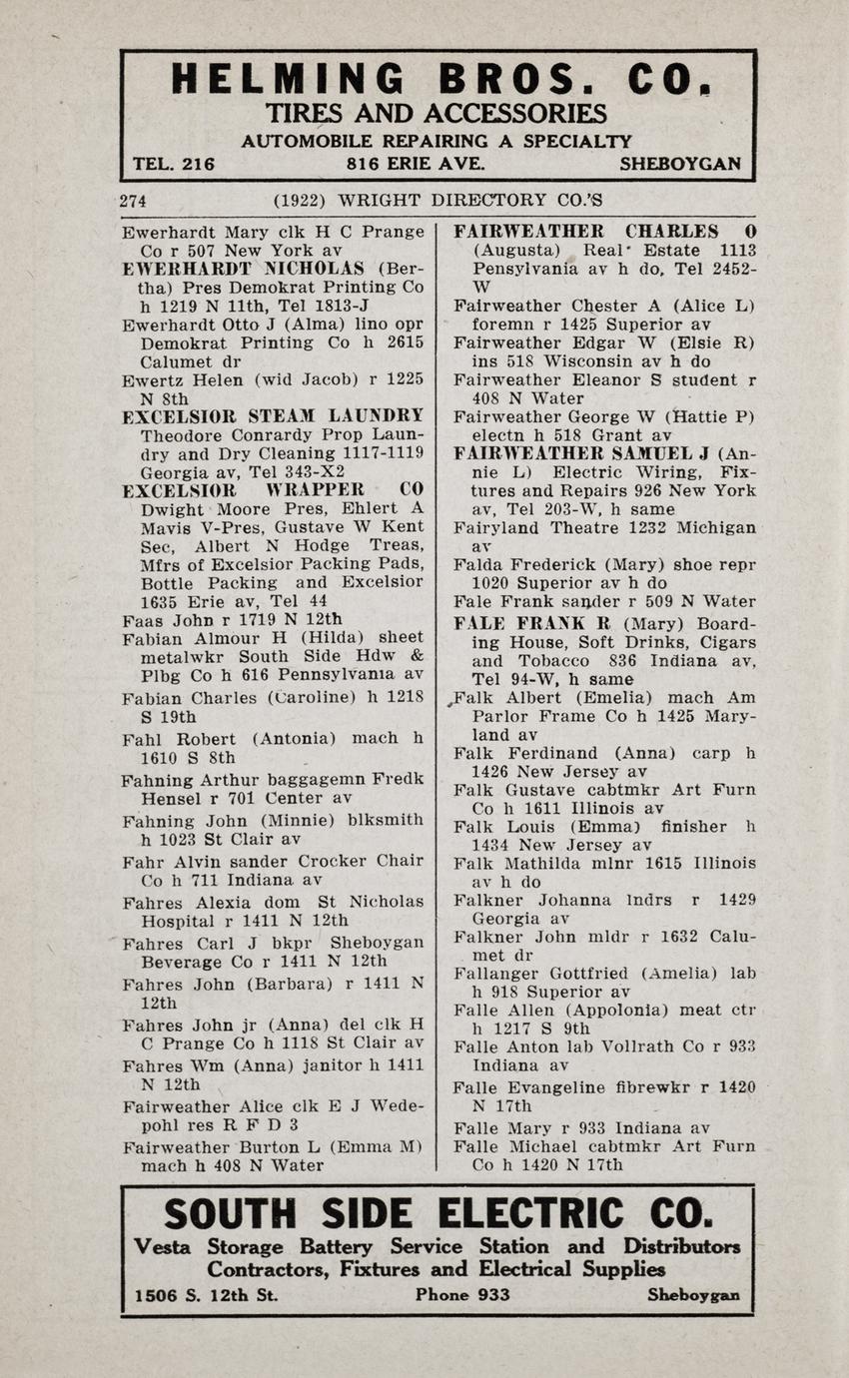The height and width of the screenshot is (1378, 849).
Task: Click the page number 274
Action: point(133,201)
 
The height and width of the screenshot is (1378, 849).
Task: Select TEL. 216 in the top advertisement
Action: point(174,164)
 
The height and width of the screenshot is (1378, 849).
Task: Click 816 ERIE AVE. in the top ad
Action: point(402,164)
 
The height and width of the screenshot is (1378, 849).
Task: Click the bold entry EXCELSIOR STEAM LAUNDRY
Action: point(273,416)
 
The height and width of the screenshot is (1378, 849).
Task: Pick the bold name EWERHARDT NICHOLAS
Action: point(243,269)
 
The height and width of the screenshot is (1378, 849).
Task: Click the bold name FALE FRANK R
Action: point(530,623)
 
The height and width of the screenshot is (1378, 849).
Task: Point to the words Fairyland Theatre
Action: point(524,527)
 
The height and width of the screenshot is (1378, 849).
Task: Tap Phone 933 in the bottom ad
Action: point(462,1295)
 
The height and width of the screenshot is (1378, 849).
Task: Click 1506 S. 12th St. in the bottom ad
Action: point(207,1295)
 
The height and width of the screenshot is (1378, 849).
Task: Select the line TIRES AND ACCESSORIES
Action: point(435,114)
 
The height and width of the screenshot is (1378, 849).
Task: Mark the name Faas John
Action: point(159,620)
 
